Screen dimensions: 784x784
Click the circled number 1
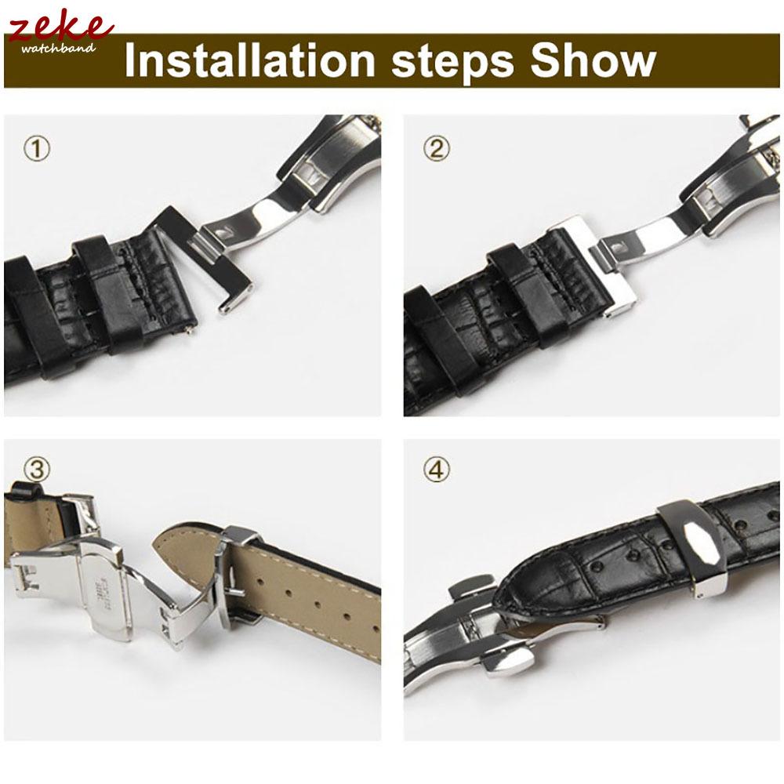37,148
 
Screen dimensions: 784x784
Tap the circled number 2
437,148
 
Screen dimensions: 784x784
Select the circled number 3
37,469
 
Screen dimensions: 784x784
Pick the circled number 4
437,469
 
